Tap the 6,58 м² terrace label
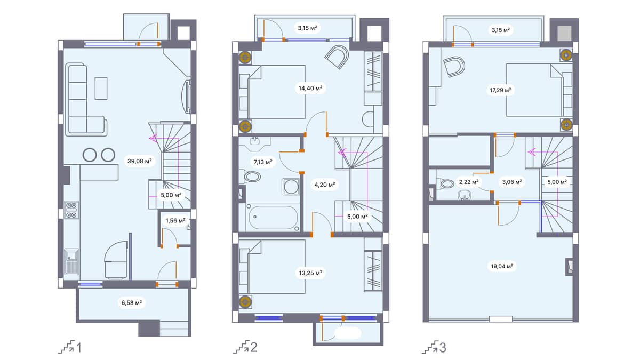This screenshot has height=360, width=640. pos(131,303)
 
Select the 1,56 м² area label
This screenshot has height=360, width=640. pos(175,220)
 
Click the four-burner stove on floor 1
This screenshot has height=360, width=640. pos(71,210)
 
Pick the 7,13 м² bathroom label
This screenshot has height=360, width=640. pos(263,161)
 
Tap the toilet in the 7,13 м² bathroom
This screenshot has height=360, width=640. pos(251,176)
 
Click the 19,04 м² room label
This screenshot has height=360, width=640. pos(501,265)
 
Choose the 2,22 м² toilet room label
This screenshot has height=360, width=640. pos(468,181)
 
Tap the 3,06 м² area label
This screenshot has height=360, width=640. pos(511,181)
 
